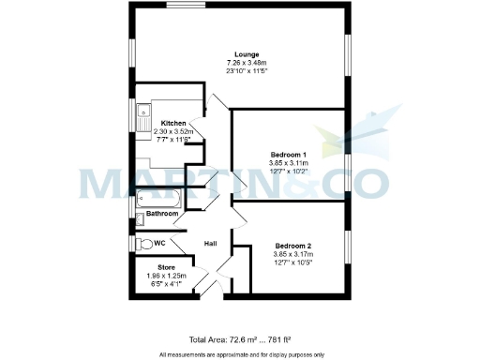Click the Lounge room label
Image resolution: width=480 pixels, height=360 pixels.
(247, 54)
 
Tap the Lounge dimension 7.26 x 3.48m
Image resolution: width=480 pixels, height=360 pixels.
(247, 63)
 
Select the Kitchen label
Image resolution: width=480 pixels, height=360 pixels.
(172, 124)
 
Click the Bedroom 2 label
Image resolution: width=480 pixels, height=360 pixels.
(292, 246)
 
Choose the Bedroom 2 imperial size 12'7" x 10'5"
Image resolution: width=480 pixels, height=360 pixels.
(292, 262)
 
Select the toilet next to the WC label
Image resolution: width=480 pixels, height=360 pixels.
(143, 243)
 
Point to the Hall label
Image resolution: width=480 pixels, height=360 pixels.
(211, 244)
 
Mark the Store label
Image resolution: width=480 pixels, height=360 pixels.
(166, 267)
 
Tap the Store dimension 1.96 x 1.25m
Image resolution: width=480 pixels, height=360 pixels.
(166, 276)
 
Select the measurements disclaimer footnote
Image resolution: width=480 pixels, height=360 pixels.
(242, 353)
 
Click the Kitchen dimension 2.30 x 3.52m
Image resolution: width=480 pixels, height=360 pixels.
(172, 132)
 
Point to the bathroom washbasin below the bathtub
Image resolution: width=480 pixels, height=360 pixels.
(141, 219)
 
